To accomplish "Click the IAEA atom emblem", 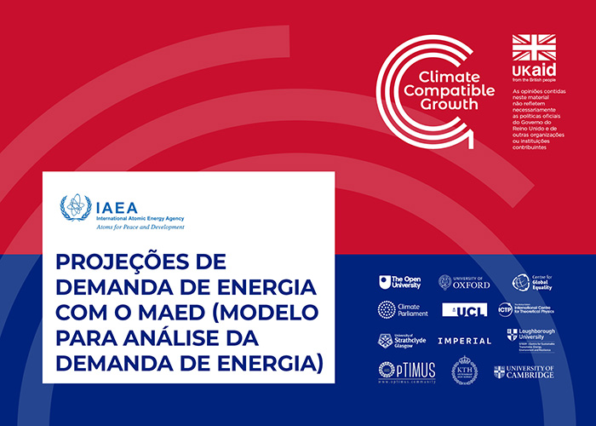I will click(x=75, y=207).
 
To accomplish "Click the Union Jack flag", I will click(x=533, y=48).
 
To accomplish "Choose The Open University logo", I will click(x=399, y=282).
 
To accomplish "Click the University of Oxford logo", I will click(x=464, y=282).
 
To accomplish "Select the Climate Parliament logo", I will click(x=399, y=309).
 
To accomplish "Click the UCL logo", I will click(x=464, y=309).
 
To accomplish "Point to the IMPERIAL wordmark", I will click(x=464, y=341).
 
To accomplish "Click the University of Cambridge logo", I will click(x=524, y=371).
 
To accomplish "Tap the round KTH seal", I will click(x=464, y=371).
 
